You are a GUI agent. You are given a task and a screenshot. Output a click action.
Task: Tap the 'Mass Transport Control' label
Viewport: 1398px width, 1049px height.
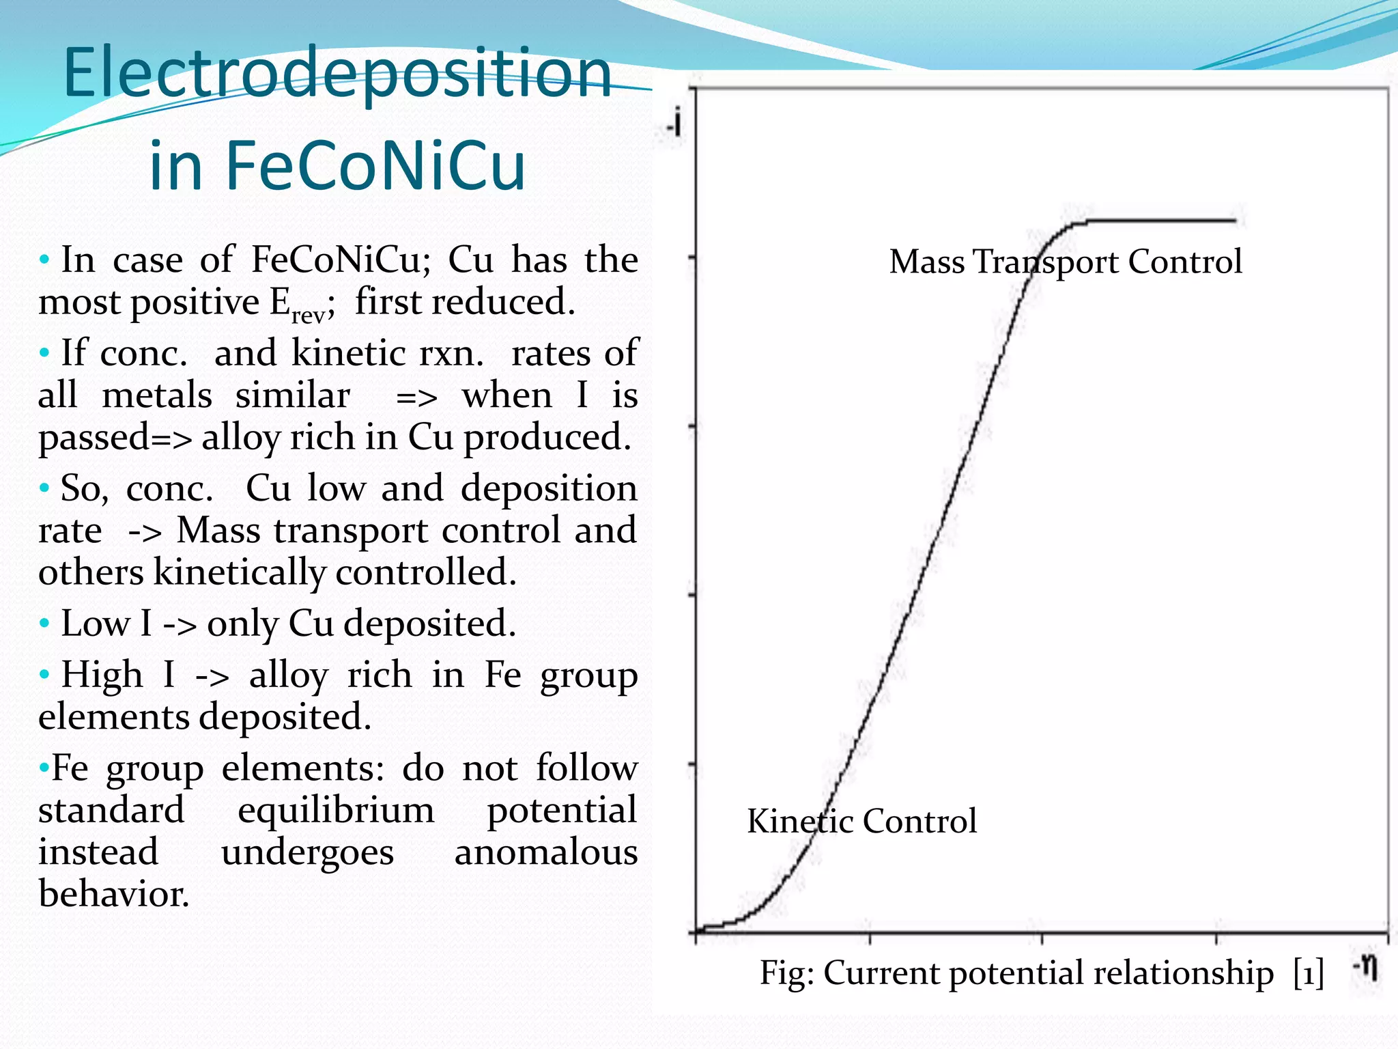pyautogui.click(x=1065, y=262)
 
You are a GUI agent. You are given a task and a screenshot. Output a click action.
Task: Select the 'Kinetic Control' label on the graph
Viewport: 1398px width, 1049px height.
pyautogui.click(x=861, y=821)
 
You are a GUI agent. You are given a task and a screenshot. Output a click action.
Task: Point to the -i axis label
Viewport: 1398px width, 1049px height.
pyautogui.click(x=674, y=124)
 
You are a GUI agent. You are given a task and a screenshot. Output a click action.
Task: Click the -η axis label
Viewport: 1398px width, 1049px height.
pyautogui.click(x=1365, y=968)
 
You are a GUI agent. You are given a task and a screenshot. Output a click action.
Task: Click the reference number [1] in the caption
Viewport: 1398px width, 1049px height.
pyautogui.click(x=1308, y=973)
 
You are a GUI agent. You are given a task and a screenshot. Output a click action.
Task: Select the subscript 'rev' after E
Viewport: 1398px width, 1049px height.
pyautogui.click(x=308, y=315)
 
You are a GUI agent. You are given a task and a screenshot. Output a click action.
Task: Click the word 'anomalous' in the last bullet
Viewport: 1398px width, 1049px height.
pyautogui.click(x=545, y=852)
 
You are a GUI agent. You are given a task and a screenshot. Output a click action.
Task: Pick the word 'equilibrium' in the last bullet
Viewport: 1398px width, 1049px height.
pyautogui.click(x=336, y=811)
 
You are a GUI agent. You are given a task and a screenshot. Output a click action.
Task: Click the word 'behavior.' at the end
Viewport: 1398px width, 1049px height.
pyautogui.click(x=113, y=894)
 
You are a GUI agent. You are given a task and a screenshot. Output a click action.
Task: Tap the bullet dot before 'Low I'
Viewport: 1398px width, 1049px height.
pyautogui.click(x=45, y=624)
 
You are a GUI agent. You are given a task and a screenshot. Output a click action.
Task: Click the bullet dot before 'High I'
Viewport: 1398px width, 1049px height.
pyautogui.click(x=45, y=675)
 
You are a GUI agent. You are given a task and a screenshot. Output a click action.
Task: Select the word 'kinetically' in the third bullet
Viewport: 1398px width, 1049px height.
pyautogui.click(x=239, y=572)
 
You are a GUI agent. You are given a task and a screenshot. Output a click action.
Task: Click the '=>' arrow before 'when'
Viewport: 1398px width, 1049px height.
pyautogui.click(x=416, y=397)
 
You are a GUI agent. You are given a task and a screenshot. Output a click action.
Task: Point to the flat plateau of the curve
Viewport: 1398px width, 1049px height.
pyautogui.click(x=1160, y=221)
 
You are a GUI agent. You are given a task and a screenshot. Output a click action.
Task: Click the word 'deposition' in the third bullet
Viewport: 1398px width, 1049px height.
pyautogui.click(x=549, y=488)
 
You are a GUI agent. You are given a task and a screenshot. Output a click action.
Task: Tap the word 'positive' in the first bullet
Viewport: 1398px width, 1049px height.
pyautogui.click(x=195, y=302)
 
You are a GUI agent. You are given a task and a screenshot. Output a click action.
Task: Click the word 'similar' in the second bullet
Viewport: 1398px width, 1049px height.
pyautogui.click(x=293, y=395)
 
